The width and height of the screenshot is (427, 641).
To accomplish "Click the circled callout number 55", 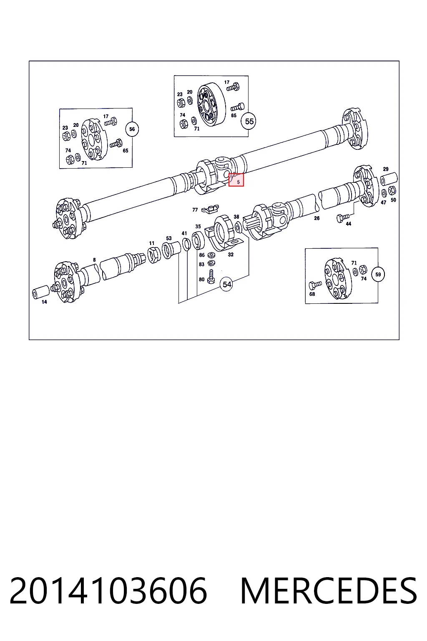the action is tap(249, 121).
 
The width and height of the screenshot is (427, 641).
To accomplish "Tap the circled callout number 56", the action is tap(132, 129).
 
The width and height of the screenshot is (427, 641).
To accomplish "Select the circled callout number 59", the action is tap(378, 275).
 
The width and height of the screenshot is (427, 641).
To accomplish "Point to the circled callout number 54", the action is tap(226, 285).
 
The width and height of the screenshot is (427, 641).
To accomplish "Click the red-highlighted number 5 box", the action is tap(236, 180).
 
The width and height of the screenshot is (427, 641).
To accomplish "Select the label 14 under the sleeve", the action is tap(44, 302).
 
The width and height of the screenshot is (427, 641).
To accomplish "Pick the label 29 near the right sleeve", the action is tap(386, 169).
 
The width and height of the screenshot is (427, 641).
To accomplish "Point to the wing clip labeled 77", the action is tap(210, 209).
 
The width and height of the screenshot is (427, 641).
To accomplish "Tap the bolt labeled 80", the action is tap(211, 277).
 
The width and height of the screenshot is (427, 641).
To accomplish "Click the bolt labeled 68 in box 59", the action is tap(315, 285).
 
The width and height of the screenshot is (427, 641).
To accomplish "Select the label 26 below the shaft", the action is tap(316, 218).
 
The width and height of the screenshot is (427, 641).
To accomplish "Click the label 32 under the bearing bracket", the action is tap(231, 255).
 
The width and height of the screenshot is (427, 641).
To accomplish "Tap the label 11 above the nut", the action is tap(151, 243).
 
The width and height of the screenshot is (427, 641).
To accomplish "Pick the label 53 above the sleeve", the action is tap(169, 238).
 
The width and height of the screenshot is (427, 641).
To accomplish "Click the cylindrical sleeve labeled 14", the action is tap(40, 292).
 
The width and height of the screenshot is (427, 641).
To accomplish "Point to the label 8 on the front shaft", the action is tap(94, 260).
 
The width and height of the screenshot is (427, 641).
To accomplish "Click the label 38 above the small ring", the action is tap(236, 217).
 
